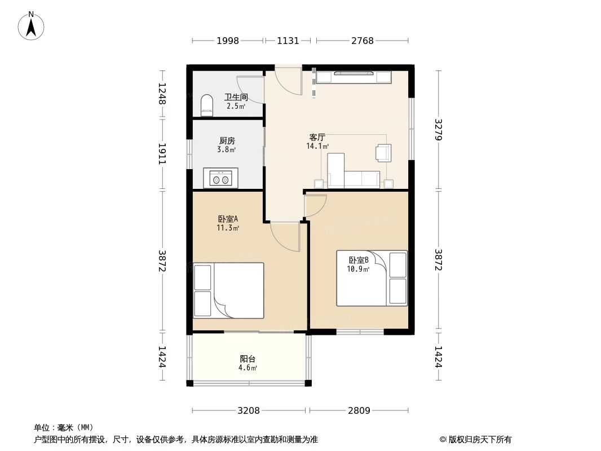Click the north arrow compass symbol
click(31, 26)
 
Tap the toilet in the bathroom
click(206, 105)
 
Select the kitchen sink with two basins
click(221, 178)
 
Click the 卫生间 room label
click(236, 98)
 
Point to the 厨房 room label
click(227, 140)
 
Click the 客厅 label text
click(317, 137)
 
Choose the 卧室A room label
click(228, 219)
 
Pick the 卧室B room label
click(359, 260)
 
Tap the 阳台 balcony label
click(248, 359)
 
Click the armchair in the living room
click(384, 153)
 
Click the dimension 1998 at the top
click(228, 41)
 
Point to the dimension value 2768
click(362, 41)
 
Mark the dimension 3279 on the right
click(439, 130)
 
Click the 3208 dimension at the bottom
click(249, 411)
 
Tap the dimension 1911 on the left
click(162, 154)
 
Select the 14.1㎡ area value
click(317, 146)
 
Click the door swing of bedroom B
click(315, 206)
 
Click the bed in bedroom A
click(228, 290)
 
